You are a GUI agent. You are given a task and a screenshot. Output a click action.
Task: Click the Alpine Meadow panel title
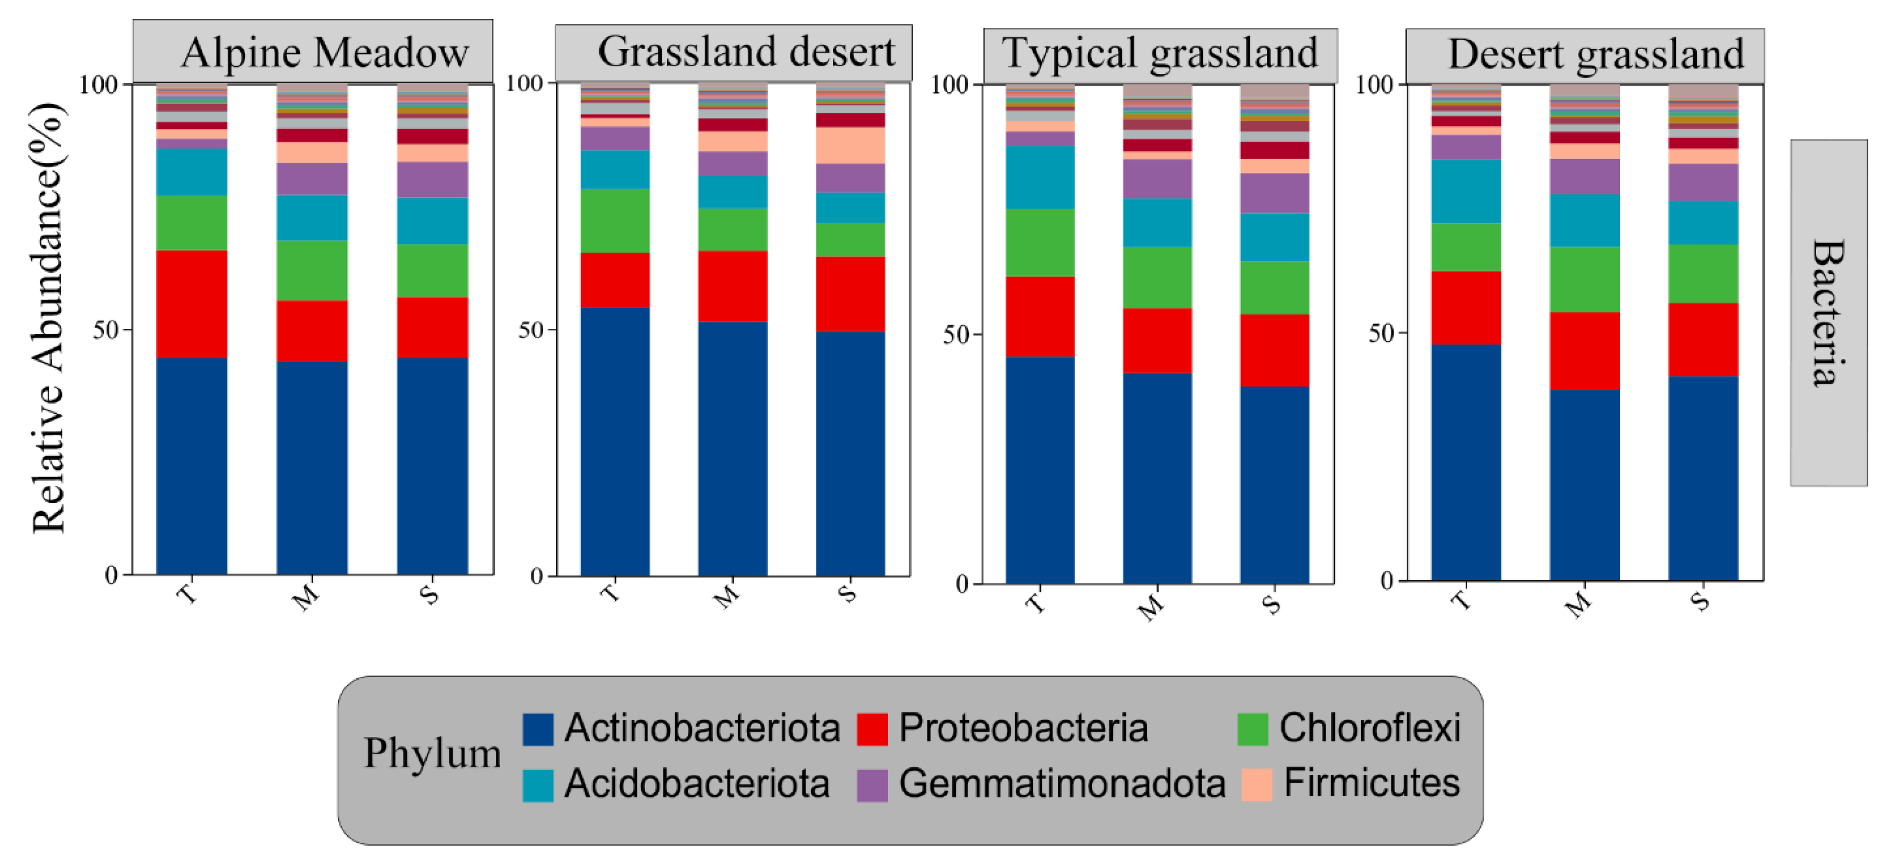tap(324, 53)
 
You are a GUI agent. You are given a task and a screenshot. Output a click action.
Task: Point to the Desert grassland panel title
tap(1595, 54)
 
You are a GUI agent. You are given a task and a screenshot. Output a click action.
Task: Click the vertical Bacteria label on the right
tap(1827, 313)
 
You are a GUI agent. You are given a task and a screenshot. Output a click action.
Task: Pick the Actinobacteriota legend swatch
tap(538, 729)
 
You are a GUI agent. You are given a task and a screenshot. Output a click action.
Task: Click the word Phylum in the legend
tap(432, 753)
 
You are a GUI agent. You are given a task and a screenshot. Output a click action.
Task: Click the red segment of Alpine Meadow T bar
tap(192, 304)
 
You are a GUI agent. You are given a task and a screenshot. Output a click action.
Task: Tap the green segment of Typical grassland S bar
tap(1274, 287)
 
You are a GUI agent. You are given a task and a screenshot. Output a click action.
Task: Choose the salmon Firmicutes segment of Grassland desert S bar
tap(850, 146)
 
